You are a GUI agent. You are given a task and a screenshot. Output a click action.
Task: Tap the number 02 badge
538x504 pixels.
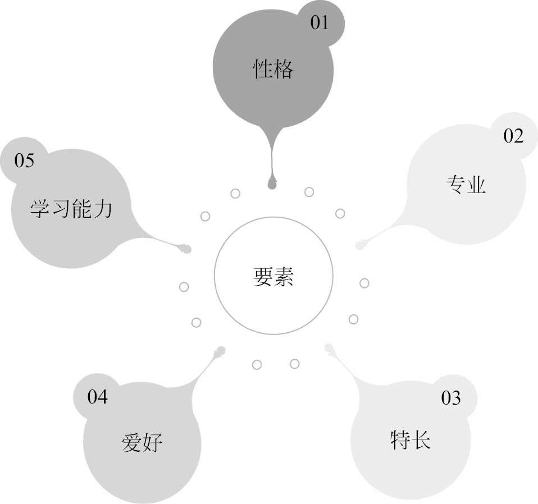tap(513, 136)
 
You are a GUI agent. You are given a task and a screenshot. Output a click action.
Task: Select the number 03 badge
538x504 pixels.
tap(451, 398)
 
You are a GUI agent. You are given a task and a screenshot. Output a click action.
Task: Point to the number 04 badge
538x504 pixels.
tap(97, 397)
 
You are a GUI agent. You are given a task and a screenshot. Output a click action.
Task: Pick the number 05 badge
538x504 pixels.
tap(24, 161)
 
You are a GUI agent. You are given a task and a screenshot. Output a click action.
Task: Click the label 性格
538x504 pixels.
tap(273, 71)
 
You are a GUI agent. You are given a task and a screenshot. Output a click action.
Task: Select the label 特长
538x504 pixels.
tap(410, 439)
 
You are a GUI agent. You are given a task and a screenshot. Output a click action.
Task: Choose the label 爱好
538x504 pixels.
tap(142, 442)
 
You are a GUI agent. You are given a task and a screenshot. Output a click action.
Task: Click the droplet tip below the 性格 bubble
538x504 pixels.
tap(272, 184)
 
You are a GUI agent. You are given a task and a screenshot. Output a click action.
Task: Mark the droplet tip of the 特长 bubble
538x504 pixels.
tap(329, 347)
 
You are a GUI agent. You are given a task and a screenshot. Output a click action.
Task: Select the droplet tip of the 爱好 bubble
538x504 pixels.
tap(221, 350)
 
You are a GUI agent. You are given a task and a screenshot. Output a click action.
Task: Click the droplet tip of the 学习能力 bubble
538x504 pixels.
tap(187, 249)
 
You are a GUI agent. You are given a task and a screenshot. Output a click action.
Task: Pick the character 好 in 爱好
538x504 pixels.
tap(152, 442)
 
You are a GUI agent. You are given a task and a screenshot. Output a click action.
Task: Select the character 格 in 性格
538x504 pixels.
tap(283, 71)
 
